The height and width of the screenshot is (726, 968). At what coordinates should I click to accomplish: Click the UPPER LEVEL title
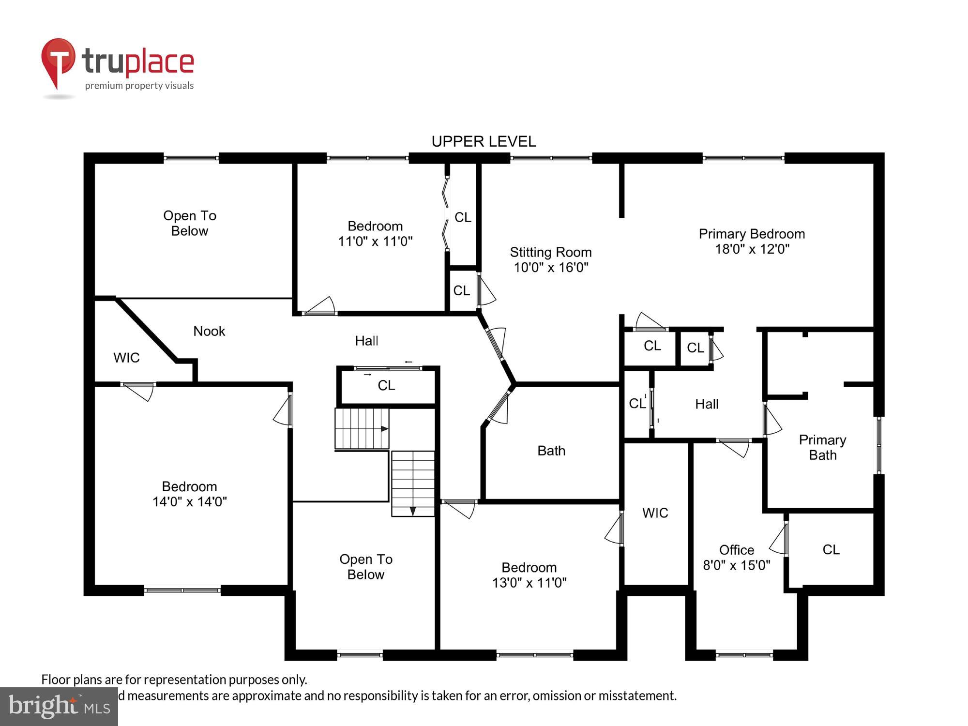pyautogui.click(x=484, y=141)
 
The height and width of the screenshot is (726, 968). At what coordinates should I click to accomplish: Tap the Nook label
pyautogui.click(x=209, y=331)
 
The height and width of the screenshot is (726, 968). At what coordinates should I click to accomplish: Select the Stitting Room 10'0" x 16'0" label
pyautogui.click(x=551, y=259)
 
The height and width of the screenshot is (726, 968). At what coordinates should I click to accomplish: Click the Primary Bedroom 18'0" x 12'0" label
pyautogui.click(x=752, y=241)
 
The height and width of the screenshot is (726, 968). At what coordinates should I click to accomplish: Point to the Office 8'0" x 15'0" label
pyautogui.click(x=736, y=557)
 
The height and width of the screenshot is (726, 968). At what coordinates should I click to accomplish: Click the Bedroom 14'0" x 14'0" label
pyautogui.click(x=189, y=494)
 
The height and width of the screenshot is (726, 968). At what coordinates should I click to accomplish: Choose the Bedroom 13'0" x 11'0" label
pyautogui.click(x=529, y=575)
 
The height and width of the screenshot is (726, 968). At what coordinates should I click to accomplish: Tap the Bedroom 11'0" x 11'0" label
pyautogui.click(x=375, y=233)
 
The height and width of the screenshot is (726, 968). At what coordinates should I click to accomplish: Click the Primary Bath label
pyautogui.click(x=822, y=447)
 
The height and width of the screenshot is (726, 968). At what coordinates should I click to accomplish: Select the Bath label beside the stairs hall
pyautogui.click(x=551, y=451)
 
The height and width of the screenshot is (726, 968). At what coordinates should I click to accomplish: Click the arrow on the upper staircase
pyautogui.click(x=384, y=429)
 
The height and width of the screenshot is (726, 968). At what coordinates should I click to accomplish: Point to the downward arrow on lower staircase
pyautogui.click(x=413, y=511)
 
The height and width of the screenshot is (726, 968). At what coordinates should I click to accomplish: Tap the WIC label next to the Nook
pyautogui.click(x=126, y=358)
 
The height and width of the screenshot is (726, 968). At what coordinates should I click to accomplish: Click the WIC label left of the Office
pyautogui.click(x=655, y=513)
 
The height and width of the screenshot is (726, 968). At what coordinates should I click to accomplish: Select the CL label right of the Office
pyautogui.click(x=831, y=549)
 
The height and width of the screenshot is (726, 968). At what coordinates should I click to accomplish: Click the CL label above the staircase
pyautogui.click(x=386, y=385)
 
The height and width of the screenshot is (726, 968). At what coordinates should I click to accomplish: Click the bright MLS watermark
pyautogui.click(x=59, y=707)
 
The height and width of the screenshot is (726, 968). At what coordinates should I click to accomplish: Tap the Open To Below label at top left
pyautogui.click(x=190, y=223)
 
